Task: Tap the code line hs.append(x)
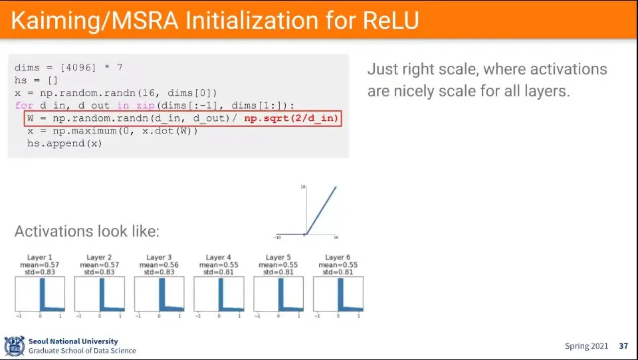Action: coord(64,143)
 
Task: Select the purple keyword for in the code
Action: coord(23,106)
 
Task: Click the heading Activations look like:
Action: coord(87,232)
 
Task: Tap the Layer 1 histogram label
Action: coord(40,257)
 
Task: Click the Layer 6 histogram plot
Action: coord(338,294)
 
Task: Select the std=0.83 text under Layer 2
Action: coord(100,272)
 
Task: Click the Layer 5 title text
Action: coord(278,257)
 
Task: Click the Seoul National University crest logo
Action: coord(14,345)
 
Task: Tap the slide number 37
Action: coord(623,346)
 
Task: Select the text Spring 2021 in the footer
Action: coord(586,346)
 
